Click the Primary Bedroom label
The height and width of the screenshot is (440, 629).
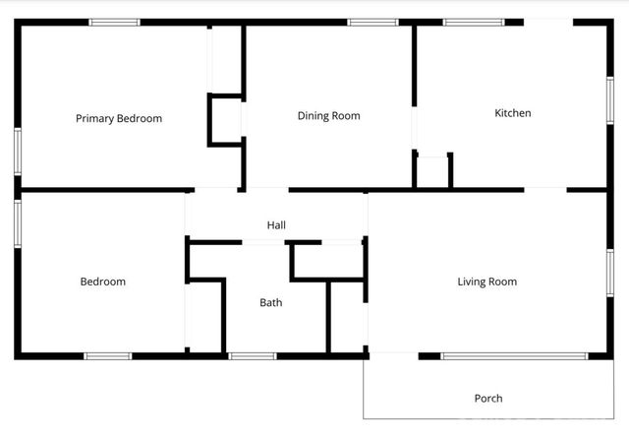(119, 118)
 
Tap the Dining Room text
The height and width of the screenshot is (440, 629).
(328, 115)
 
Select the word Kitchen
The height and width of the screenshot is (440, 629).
(512, 113)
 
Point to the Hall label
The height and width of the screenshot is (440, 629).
(276, 225)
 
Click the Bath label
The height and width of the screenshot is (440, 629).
(270, 302)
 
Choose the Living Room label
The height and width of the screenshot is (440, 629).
(486, 282)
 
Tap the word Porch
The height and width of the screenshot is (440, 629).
(488, 399)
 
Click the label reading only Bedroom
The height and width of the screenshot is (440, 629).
(102, 282)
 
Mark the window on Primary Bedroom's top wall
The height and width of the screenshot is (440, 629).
(114, 22)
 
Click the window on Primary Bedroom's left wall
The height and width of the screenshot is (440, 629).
(17, 153)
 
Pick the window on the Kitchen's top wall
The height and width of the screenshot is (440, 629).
(473, 22)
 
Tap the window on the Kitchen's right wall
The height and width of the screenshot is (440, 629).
(609, 100)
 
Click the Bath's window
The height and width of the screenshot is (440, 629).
(252, 355)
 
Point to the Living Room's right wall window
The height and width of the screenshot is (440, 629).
(609, 273)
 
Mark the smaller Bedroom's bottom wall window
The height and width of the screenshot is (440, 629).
(107, 355)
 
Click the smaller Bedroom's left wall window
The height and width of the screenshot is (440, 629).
(17, 223)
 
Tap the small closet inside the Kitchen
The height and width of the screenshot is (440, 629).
(432, 170)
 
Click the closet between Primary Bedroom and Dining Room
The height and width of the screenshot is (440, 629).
(225, 119)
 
